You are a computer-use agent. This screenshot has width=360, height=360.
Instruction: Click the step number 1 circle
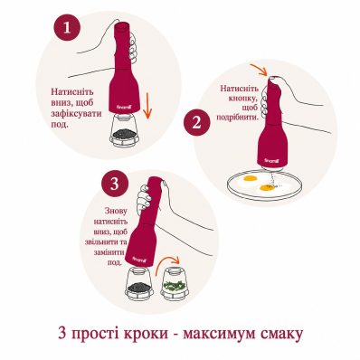pos(67,28)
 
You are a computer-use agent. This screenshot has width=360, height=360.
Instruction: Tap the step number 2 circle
pos(196,123)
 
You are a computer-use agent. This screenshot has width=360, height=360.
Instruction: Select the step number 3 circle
pos(115,185)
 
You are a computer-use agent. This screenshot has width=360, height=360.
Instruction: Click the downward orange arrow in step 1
pos(147,106)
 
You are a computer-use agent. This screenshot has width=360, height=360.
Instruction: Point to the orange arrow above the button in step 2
pos(259,70)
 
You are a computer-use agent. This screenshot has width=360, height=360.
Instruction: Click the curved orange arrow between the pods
pos(167,264)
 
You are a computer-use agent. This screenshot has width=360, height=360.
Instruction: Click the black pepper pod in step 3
pos(139,283)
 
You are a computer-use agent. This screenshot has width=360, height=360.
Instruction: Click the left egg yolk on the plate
pos(250,179)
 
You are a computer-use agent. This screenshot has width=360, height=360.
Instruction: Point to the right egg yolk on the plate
pos(266,188)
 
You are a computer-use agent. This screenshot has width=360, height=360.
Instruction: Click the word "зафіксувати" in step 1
pos(76,114)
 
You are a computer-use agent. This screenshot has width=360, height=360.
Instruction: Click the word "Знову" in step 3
pos(116,210)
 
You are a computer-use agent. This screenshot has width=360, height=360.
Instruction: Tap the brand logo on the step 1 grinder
pos(123,107)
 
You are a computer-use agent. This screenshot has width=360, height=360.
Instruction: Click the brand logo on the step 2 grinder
pos(270,161)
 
